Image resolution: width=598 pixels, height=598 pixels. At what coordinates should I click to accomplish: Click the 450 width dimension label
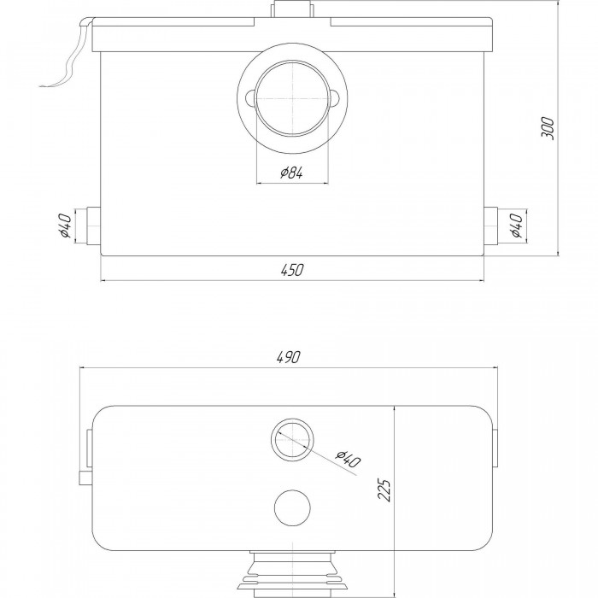(292, 270)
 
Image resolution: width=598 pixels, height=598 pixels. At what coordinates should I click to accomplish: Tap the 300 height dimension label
(548, 128)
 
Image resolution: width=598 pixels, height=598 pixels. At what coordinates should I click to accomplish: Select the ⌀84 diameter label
(292, 173)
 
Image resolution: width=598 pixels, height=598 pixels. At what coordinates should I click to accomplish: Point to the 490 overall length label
(289, 357)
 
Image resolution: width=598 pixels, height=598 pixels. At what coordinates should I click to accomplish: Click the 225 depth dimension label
(384, 490)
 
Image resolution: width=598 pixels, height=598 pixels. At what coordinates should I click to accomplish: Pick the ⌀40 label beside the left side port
(65, 226)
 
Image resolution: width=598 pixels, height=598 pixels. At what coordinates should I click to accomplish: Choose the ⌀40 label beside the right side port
(516, 226)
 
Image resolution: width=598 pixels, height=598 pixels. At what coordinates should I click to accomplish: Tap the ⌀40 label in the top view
(348, 460)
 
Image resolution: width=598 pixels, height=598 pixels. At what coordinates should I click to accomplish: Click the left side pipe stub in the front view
(93, 226)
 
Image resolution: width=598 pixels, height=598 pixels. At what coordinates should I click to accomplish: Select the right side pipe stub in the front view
(491, 226)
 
